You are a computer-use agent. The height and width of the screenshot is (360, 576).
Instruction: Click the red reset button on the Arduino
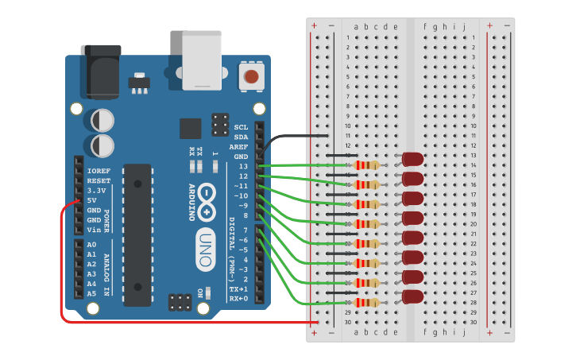tap(251, 77)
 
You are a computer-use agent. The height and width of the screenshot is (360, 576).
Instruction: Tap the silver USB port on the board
tap(202, 60)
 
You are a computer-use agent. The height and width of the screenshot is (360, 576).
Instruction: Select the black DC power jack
tap(101, 72)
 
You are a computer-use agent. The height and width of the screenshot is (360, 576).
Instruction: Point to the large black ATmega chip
tap(137, 234)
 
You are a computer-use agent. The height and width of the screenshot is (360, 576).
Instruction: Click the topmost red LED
tap(413, 159)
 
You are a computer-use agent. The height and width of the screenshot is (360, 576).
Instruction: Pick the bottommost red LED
tap(413, 296)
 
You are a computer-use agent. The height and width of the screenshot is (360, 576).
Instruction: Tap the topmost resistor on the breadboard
tap(366, 165)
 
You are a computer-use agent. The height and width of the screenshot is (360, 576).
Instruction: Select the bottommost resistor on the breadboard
tap(366, 303)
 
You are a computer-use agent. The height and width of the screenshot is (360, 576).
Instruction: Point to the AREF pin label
tap(238, 147)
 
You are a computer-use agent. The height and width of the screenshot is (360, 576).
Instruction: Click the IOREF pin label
tap(99, 171)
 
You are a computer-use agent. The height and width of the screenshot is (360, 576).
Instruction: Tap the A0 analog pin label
tap(91, 245)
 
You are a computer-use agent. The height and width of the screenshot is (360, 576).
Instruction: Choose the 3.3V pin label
tap(97, 191)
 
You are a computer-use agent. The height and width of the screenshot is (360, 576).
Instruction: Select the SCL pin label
tap(241, 127)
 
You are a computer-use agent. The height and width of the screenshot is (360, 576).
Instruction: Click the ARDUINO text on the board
tap(191, 202)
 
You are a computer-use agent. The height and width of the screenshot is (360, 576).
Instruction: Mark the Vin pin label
tap(94, 230)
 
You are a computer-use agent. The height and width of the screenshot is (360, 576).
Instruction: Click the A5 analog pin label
tap(91, 293)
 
